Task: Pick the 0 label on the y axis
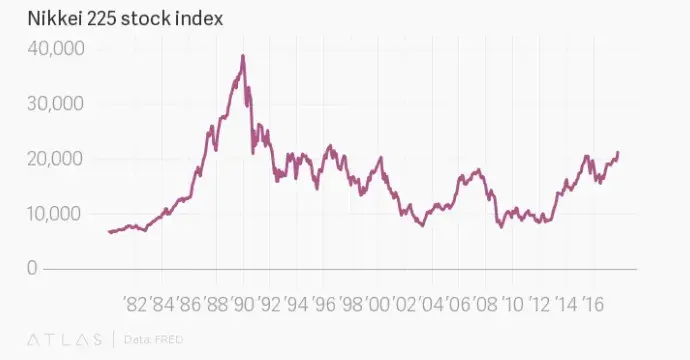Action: click(x=33, y=268)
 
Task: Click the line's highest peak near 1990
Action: click(x=243, y=56)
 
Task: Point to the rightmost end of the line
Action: click(x=618, y=152)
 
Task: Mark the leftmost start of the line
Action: click(x=108, y=232)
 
